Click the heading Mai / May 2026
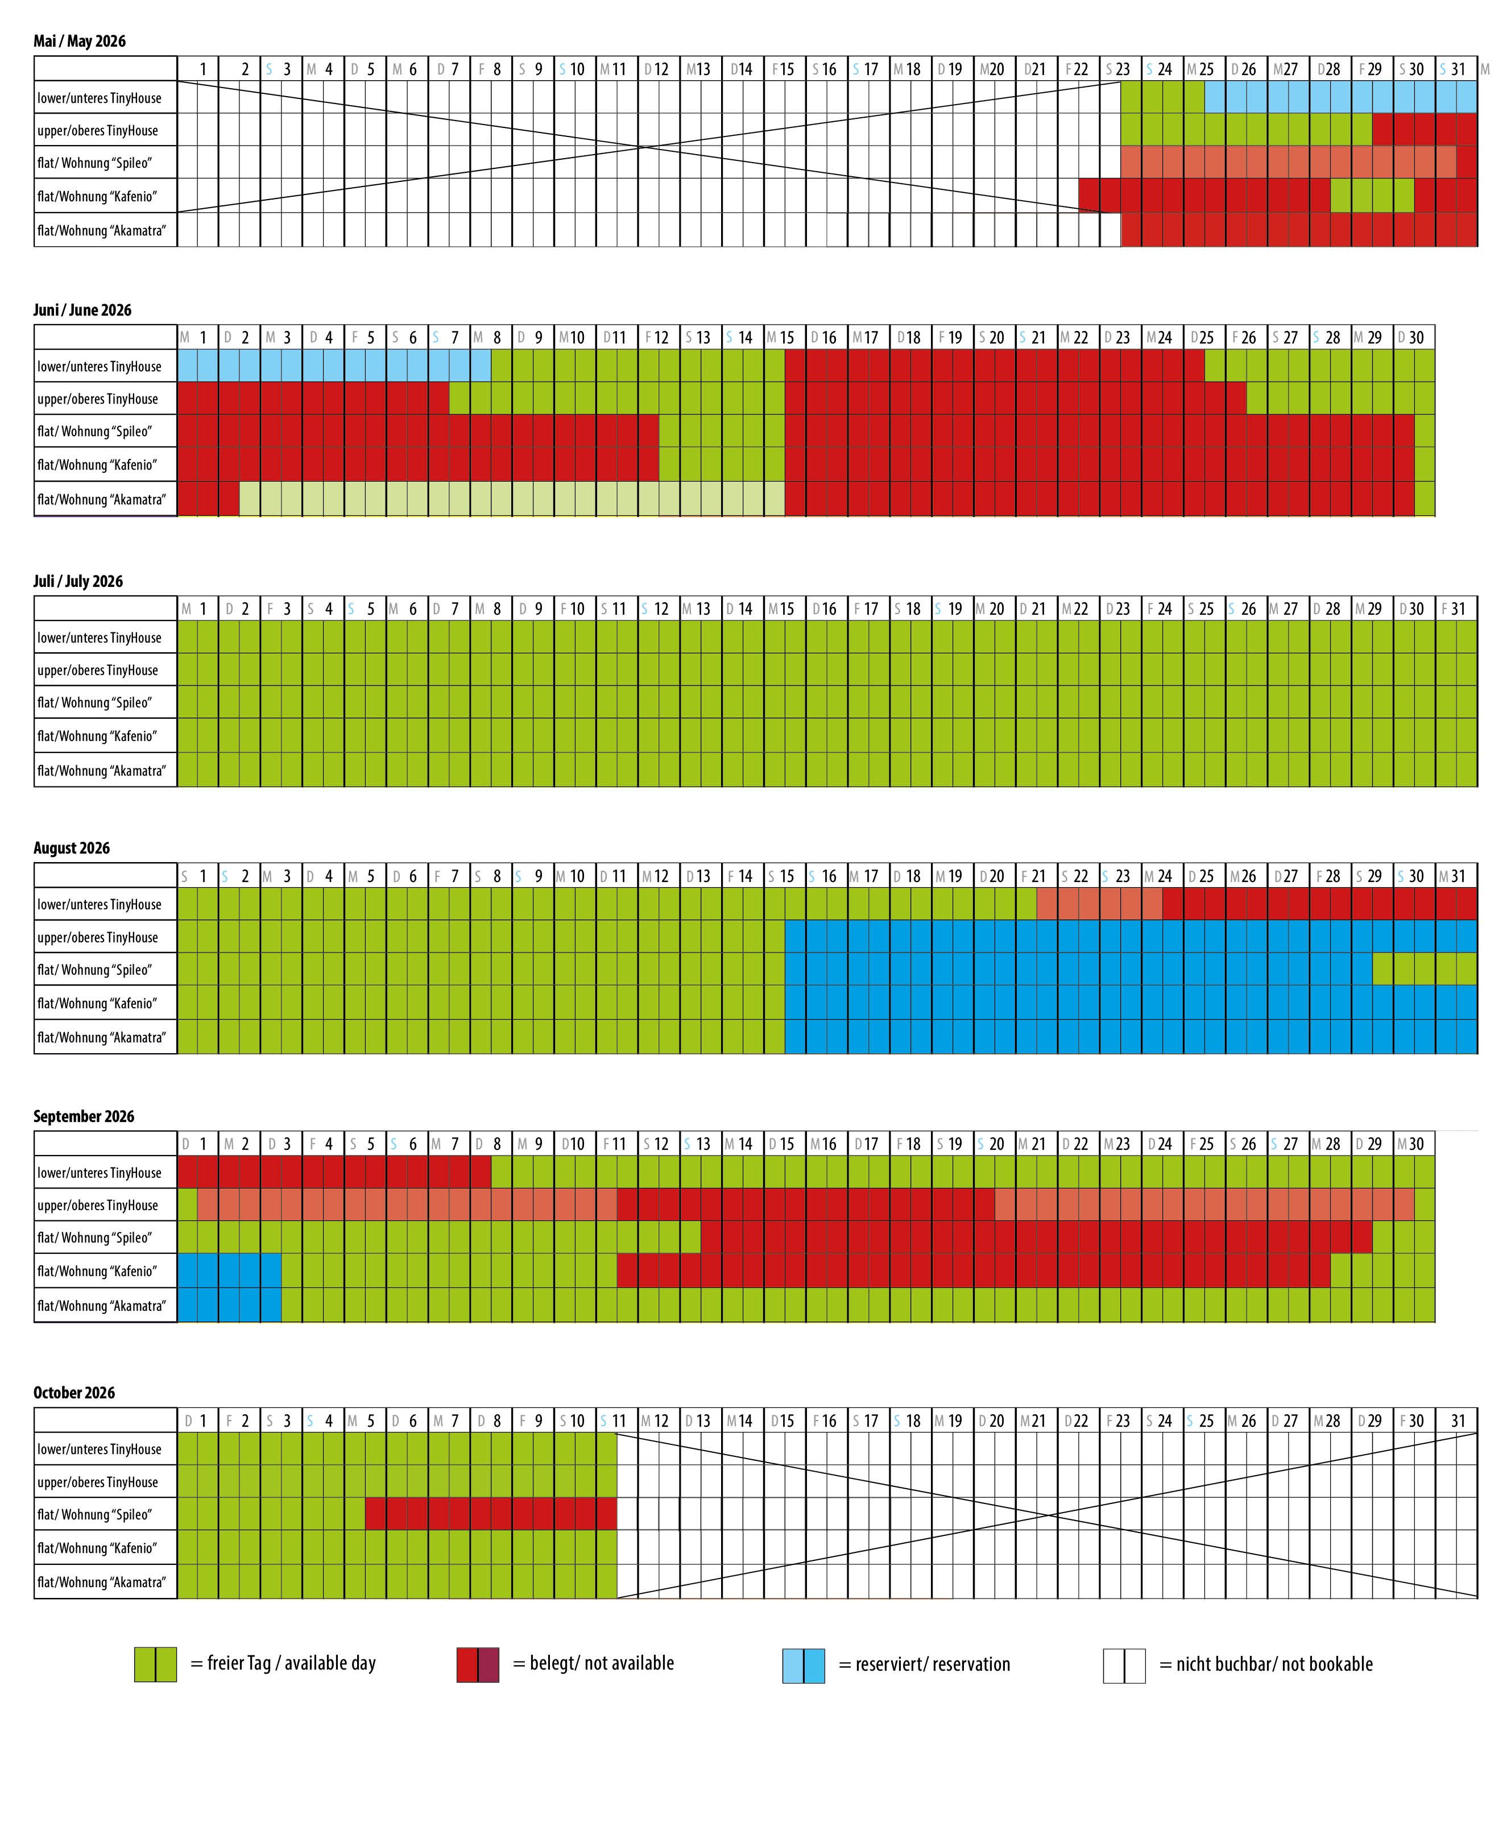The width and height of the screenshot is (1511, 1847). [x=79, y=42]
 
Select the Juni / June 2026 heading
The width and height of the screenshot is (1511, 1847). [x=82, y=310]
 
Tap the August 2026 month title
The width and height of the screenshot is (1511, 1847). [x=72, y=848]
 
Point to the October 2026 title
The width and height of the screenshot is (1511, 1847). [x=74, y=1393]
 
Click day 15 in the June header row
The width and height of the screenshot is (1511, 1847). [x=785, y=338]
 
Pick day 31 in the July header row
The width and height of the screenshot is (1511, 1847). [x=1457, y=609]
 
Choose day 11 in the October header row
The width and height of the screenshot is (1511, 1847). [x=617, y=1422]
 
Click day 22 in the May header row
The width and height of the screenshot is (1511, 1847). [x=1079, y=69]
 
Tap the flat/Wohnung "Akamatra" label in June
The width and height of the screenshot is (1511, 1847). [x=101, y=500]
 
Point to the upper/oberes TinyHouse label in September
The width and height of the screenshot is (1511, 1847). [x=97, y=1206]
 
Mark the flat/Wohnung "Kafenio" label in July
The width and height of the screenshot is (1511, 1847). [x=97, y=736]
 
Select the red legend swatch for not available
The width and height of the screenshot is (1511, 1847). [x=478, y=1664]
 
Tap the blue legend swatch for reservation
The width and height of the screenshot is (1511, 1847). [x=804, y=1665]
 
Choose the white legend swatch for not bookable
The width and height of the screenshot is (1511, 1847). [x=1124, y=1665]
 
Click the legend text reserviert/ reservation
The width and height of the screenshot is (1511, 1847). [x=932, y=1664]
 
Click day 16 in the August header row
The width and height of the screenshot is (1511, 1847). [x=827, y=876]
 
